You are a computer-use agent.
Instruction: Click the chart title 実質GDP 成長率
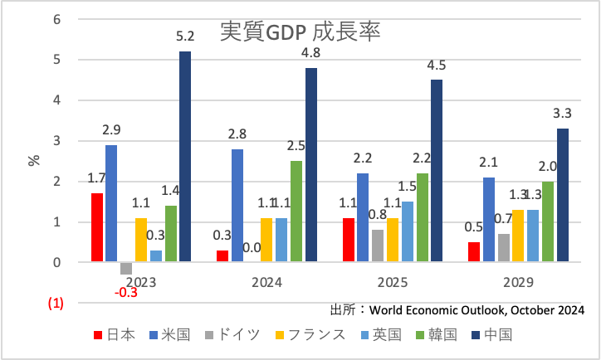300,31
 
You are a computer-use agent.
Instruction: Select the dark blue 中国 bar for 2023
185,157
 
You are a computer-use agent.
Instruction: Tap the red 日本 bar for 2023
97,228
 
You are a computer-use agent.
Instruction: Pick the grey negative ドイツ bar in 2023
126,268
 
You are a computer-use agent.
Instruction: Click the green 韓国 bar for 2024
296,212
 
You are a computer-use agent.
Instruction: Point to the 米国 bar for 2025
363,218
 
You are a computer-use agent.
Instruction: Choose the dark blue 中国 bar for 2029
562,196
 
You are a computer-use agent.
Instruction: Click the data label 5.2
184,36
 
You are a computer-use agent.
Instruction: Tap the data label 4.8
311,53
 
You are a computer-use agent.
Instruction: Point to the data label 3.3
562,114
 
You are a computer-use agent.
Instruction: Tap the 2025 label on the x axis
393,282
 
